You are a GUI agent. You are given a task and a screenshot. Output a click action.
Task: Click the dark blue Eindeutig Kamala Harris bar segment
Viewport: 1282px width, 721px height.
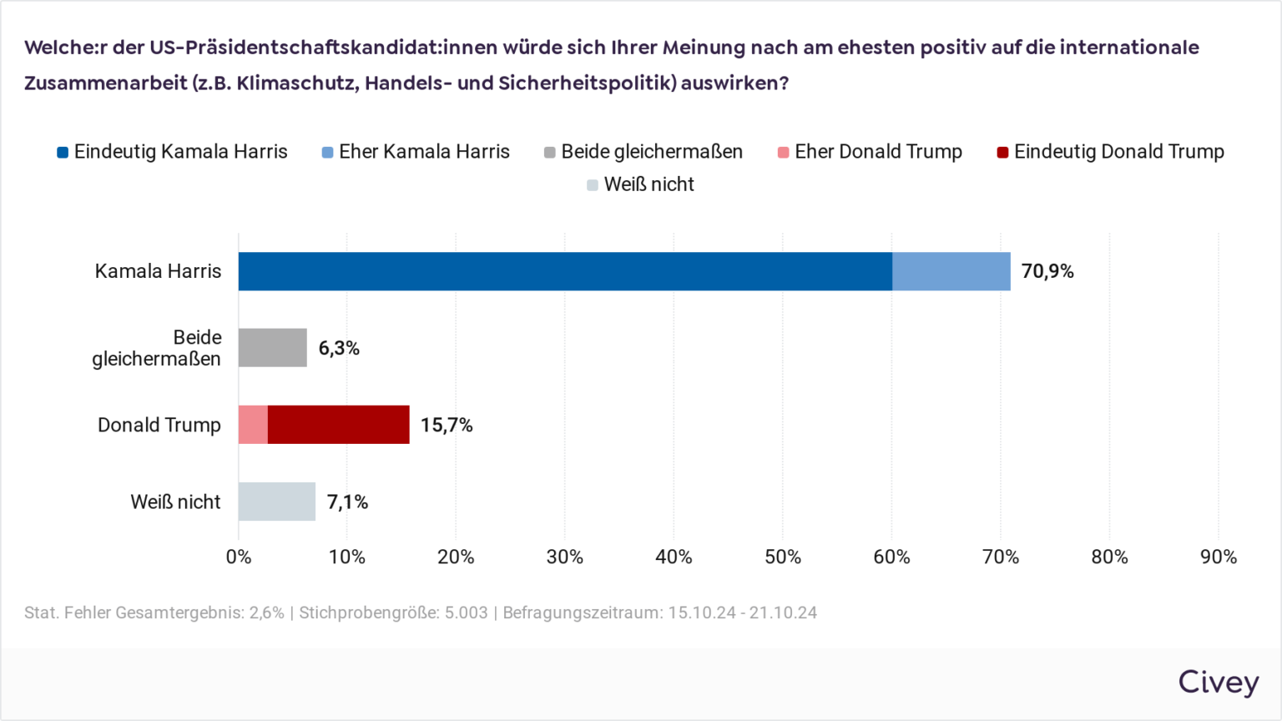pos(565,271)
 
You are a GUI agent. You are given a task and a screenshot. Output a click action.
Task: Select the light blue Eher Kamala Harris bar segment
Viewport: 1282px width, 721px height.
pos(951,271)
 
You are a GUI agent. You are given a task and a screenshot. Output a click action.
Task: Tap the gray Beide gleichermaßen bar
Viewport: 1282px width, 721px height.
pos(272,348)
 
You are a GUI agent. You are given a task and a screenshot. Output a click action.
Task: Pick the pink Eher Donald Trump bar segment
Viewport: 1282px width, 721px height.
pos(253,425)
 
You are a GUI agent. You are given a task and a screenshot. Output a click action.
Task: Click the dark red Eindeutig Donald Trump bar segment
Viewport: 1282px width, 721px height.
pos(338,425)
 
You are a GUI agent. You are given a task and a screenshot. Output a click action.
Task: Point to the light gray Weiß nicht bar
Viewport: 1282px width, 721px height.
pos(276,502)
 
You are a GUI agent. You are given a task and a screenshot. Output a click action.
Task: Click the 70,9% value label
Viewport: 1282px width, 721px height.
pos(1047,271)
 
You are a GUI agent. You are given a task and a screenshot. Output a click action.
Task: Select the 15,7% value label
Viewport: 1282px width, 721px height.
pos(447,425)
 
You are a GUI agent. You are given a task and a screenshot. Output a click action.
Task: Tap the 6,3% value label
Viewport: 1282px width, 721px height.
pos(339,348)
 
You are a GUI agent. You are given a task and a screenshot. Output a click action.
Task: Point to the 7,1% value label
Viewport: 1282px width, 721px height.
pos(347,502)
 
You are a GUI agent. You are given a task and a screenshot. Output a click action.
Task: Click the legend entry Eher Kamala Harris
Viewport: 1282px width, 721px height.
pos(416,152)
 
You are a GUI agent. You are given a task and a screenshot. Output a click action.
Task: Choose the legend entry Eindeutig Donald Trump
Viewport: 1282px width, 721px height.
pos(1110,152)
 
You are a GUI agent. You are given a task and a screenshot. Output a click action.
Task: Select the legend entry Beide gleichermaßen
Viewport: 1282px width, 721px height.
pos(644,152)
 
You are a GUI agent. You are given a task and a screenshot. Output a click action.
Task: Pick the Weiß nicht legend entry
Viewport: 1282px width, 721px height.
pos(641,184)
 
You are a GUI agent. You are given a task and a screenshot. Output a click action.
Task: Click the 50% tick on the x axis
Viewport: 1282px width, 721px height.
pos(783,557)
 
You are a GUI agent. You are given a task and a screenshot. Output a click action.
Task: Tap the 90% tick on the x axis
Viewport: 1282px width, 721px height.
pos(1219,557)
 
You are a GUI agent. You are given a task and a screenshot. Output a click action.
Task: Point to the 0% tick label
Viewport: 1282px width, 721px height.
pos(239,557)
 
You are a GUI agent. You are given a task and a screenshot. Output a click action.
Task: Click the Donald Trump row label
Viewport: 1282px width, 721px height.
pos(159,425)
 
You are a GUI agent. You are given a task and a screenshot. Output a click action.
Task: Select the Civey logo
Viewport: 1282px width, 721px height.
pos(1218,682)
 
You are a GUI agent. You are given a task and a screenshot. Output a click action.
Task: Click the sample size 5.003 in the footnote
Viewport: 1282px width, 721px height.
pos(466,613)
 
